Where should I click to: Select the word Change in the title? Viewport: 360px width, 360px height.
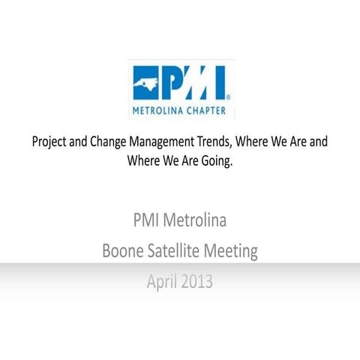pos(111,141)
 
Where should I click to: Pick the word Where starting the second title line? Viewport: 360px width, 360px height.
pos(145,159)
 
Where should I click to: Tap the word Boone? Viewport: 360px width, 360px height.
pos(123,251)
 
